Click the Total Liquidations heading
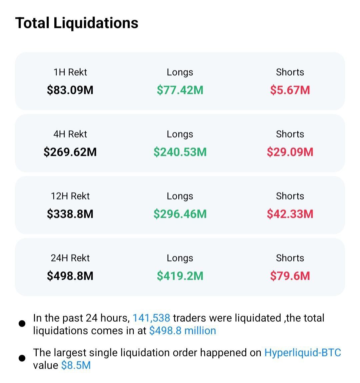pyautogui.click(x=77, y=23)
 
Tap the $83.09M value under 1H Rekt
pyautogui.click(x=70, y=90)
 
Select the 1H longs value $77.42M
pyautogui.click(x=180, y=90)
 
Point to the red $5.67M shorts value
pyautogui.click(x=290, y=90)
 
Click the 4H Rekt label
pyautogui.click(x=70, y=134)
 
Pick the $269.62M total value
pyautogui.click(x=70, y=152)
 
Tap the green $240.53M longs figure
pyautogui.click(x=180, y=152)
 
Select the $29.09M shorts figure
pyautogui.click(x=290, y=152)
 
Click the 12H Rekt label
pyautogui.click(x=70, y=196)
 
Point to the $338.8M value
pyautogui.click(x=70, y=214)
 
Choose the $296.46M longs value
pyautogui.click(x=180, y=214)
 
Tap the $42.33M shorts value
pyautogui.click(x=290, y=214)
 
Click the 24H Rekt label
pyautogui.click(x=70, y=258)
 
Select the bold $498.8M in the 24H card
pyautogui.click(x=70, y=276)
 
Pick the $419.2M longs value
pyautogui.click(x=180, y=276)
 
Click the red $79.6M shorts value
pyautogui.click(x=290, y=276)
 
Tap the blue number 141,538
pyautogui.click(x=151, y=318)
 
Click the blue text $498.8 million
pyautogui.click(x=183, y=331)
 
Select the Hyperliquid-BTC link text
pyautogui.click(x=303, y=353)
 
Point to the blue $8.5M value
pyautogui.click(x=76, y=365)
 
